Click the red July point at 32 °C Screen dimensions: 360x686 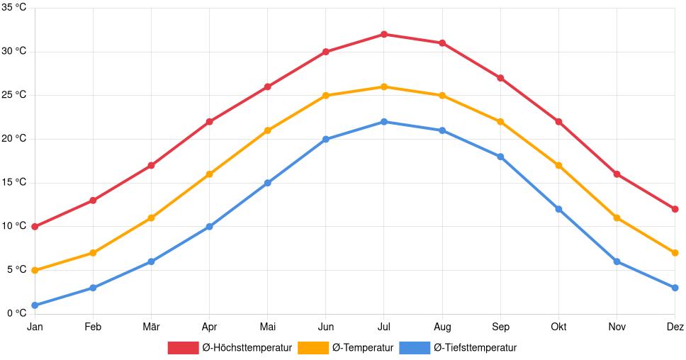(x=384, y=34)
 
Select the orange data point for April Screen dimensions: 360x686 (x=209, y=174)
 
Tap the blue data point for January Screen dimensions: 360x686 (x=35, y=305)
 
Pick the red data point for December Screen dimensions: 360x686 (x=675, y=209)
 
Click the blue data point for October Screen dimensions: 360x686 (x=558, y=209)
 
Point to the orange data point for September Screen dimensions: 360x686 (x=500, y=122)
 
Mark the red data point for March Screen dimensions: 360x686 (x=151, y=165)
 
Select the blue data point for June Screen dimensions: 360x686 (x=326, y=139)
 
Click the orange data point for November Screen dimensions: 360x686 (x=617, y=218)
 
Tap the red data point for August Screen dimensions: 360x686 (x=442, y=43)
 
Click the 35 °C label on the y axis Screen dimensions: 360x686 (x=14, y=8)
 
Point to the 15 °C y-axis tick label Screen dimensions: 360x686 (x=14, y=182)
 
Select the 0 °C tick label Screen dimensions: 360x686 (x=16, y=313)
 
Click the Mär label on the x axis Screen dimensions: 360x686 (x=151, y=327)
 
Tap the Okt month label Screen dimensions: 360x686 (x=558, y=327)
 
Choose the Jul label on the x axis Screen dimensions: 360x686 (x=384, y=327)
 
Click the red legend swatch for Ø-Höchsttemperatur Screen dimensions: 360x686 (x=183, y=348)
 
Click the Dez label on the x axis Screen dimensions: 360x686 (x=675, y=327)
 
